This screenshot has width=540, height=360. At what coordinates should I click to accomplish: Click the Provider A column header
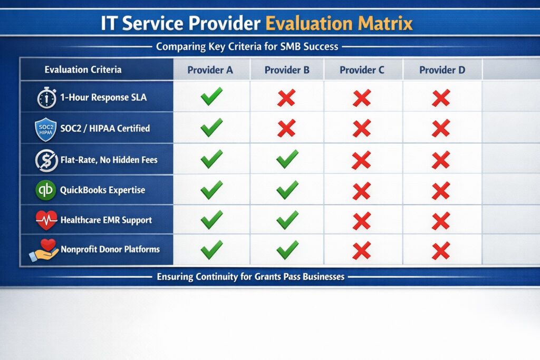coord(210,70)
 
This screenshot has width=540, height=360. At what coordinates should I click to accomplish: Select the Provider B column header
coord(287,70)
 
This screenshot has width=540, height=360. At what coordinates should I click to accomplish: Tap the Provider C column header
coord(362,70)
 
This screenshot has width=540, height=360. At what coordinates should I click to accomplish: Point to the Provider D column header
coord(442,70)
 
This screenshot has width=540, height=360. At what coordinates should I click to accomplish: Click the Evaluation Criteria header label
coord(83,70)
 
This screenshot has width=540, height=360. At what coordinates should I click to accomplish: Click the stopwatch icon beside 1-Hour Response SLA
coord(46,98)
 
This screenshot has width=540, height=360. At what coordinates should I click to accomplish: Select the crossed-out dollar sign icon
coord(46,160)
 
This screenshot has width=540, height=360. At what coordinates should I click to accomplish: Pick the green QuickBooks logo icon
coord(46,190)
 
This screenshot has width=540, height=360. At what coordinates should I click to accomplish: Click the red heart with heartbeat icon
coord(46,220)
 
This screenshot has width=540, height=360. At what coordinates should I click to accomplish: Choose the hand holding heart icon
coord(44,250)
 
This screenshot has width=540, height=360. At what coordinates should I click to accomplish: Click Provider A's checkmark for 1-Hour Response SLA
coord(211,97)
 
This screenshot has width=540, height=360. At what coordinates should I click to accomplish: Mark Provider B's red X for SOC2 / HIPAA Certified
coord(286,128)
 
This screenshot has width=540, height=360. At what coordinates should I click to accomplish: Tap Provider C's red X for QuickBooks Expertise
coord(362,190)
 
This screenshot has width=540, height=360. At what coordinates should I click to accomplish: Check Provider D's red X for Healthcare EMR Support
coord(441,221)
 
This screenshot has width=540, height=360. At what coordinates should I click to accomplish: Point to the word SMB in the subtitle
coord(282,47)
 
